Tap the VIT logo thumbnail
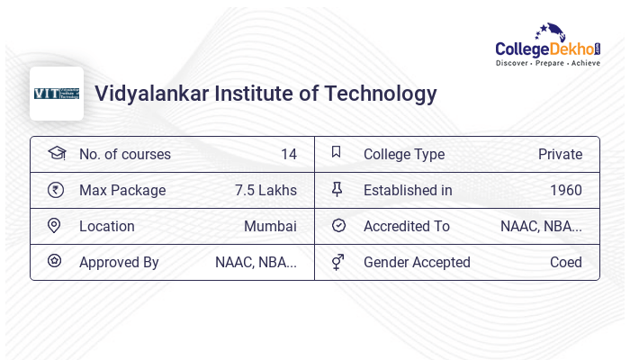57,94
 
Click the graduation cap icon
56,153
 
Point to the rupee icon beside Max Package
56,190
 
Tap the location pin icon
55,226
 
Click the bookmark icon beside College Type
337,153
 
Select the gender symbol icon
337,262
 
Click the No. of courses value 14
288,154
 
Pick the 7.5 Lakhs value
265,190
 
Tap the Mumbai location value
270,226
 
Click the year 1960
565,190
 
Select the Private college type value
560,154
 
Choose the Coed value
565,262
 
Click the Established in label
408,190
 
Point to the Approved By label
119,262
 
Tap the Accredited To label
406,226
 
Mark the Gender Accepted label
417,262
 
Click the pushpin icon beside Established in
337,190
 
